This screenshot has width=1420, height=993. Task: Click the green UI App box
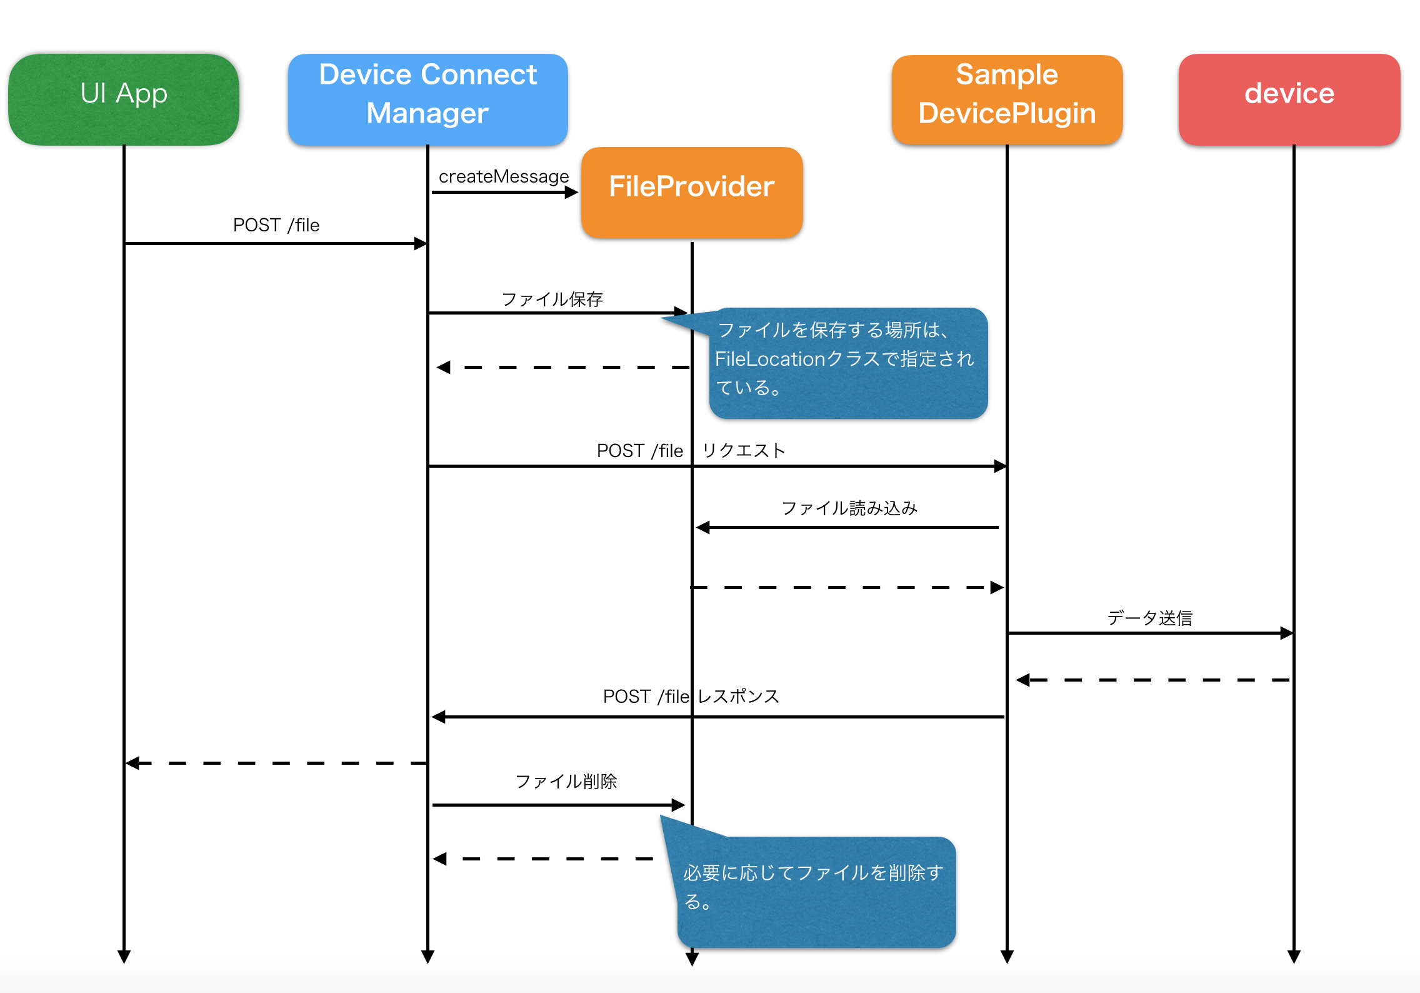point(124,99)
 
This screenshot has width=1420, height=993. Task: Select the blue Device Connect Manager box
point(427,99)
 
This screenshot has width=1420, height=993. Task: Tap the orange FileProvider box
point(691,191)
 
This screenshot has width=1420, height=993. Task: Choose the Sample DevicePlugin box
point(1006,99)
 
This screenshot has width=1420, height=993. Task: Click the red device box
point(1289,99)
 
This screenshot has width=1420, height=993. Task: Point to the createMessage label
point(503,176)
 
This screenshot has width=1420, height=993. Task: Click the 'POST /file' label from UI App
point(276,225)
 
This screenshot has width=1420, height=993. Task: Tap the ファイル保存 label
point(552,300)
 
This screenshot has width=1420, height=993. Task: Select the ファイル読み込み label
point(849,508)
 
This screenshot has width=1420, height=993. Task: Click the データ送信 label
point(1149,618)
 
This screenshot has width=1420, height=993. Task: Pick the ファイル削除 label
point(566,782)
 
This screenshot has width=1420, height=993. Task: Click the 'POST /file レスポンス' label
point(691,697)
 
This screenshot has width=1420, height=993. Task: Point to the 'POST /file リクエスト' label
point(691,451)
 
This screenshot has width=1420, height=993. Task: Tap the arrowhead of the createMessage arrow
point(571,193)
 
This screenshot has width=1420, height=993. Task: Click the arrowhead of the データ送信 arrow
point(1286,633)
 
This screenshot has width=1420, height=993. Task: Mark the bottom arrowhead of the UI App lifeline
point(124,957)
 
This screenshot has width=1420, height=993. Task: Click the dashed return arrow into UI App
point(276,763)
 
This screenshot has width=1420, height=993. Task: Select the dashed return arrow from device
point(1153,680)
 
